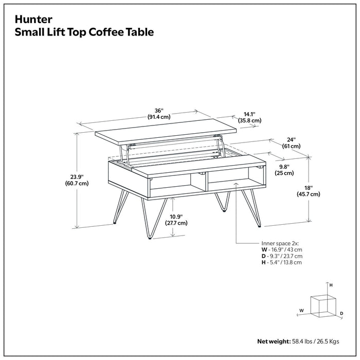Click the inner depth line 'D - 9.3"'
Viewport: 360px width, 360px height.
[x=282, y=256]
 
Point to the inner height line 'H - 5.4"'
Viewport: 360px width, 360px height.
[x=281, y=262]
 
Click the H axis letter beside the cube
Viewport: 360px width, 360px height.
[x=331, y=284]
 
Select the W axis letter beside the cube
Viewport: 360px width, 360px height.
[x=301, y=310]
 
